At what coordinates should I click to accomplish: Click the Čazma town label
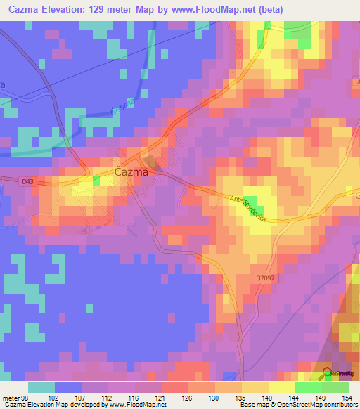point(130,172)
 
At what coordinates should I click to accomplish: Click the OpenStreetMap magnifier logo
point(328,373)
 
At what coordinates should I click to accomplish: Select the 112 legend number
point(108,398)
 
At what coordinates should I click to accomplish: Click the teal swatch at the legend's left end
point(41,387)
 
